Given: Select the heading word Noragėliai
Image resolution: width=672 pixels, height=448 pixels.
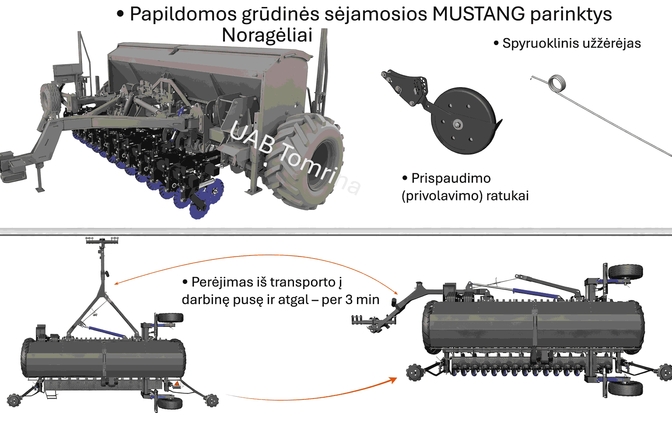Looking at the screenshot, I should coord(267,35).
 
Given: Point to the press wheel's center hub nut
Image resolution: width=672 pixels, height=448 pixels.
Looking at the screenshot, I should coord(457,124).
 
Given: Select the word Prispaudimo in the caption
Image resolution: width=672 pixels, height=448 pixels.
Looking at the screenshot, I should coord(451,178).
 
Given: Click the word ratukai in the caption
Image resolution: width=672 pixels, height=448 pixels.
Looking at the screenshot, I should coord(507,196).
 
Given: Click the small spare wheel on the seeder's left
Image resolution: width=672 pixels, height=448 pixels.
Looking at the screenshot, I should coord(49,98).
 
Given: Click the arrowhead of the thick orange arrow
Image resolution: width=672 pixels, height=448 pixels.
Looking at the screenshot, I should coord(393,380).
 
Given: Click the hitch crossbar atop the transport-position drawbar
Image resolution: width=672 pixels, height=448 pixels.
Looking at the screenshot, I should coord(102,240).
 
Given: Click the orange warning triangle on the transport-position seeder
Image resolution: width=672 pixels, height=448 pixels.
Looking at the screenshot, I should coord(177,384).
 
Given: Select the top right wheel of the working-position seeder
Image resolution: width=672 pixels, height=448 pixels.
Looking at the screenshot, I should coord(625,272).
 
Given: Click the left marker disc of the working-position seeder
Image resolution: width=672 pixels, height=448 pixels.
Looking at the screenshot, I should coord(413,372).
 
